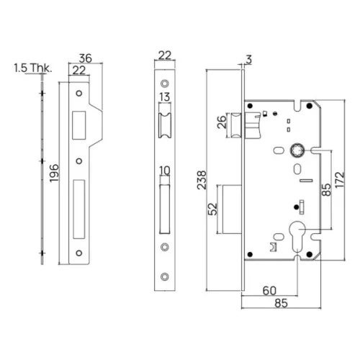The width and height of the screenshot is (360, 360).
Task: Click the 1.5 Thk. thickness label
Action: (x=33, y=68)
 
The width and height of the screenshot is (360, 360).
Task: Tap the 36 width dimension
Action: (x=86, y=58)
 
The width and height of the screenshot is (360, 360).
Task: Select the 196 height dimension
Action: (x=54, y=173)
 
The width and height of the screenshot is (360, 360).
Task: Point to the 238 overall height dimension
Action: (x=202, y=180)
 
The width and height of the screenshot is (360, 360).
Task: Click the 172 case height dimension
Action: (x=340, y=180)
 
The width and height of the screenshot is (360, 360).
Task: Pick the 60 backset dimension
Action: (x=269, y=291)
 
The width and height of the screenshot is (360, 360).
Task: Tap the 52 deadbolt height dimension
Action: (x=212, y=209)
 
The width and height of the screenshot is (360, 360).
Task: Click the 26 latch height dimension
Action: (x=222, y=122)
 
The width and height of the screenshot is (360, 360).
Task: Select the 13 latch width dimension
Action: (x=165, y=97)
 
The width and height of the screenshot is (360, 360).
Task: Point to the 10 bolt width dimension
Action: (x=165, y=171)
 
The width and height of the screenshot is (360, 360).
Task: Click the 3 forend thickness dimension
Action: (x=249, y=59)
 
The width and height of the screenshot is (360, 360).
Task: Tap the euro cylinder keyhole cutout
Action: (x=297, y=236)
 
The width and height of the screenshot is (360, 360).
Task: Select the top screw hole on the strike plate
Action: (x=79, y=93)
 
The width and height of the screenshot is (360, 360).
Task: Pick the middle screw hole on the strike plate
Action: (x=79, y=161)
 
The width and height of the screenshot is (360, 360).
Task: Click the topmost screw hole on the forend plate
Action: (x=165, y=84)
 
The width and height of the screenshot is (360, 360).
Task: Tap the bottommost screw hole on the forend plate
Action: (x=165, y=276)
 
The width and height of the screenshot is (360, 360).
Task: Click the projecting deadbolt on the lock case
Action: (x=232, y=209)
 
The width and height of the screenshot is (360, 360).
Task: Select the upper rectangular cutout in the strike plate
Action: (x=79, y=125)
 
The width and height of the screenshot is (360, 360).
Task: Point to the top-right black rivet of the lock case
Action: (x=310, y=106)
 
